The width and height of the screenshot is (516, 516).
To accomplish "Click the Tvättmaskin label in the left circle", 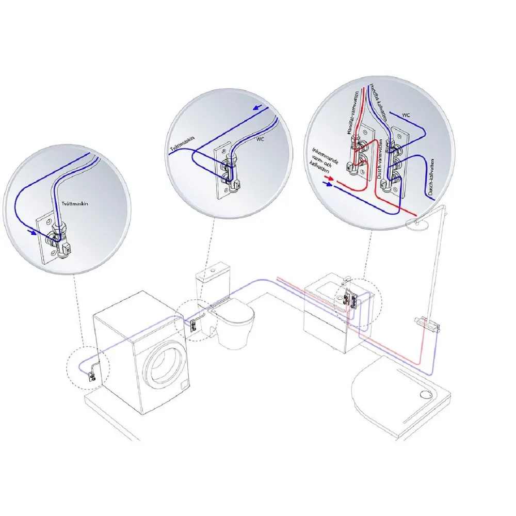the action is [75, 204].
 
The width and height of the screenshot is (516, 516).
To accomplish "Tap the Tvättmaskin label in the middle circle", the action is [182, 144].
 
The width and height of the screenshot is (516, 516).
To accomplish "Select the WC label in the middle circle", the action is [260, 139].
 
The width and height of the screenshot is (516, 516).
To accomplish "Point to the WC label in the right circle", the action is [406, 115].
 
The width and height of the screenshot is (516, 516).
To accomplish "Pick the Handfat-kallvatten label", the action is [378, 102].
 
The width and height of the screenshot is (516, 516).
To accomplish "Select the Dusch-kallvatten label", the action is [430, 177].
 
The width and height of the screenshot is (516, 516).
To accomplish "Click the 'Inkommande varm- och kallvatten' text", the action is [324, 160].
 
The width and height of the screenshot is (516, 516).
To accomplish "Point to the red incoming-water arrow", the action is [329, 178].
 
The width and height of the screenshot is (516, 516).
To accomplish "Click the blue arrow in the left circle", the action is [32, 232].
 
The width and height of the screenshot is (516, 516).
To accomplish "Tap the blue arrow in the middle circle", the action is [257, 108].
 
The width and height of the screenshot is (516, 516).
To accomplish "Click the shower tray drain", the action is [425, 394].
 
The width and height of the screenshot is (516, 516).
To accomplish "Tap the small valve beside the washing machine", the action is [92, 376].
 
